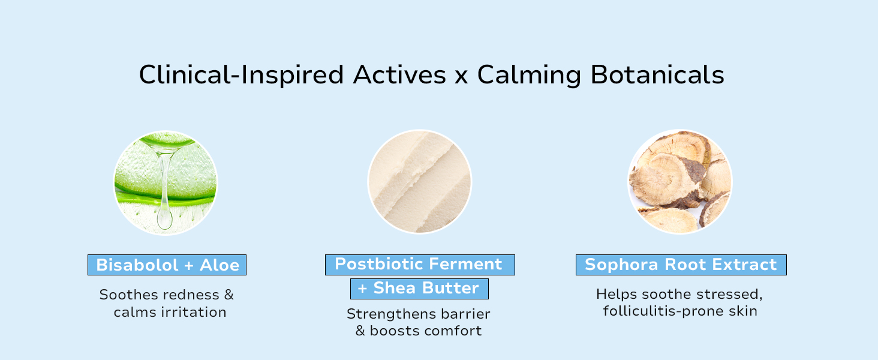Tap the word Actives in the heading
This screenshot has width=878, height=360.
(399, 76)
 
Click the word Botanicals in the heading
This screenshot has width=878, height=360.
(657, 76)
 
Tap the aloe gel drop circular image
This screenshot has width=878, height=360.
(166, 182)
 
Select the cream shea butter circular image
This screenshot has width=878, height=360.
(420, 182)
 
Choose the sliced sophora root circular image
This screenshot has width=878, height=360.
(680, 182)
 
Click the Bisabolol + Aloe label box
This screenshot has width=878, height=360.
(167, 265)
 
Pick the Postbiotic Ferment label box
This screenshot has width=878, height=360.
(420, 265)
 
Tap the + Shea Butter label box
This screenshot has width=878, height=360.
(419, 289)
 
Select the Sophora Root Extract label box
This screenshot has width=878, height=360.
(681, 265)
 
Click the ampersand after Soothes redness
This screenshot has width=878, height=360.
(228, 295)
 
